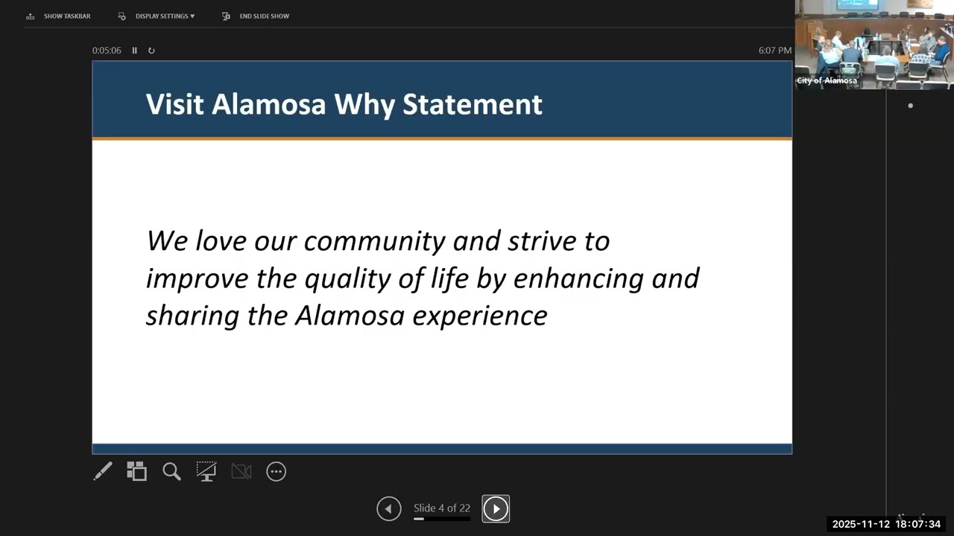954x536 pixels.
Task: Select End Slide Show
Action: (x=256, y=16)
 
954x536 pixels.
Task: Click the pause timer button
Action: (x=134, y=51)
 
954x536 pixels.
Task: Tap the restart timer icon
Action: (x=151, y=51)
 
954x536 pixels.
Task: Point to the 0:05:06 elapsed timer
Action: (x=107, y=51)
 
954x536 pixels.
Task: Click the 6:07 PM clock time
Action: (x=774, y=51)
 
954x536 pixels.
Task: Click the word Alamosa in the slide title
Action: (x=268, y=104)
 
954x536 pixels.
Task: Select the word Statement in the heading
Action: (x=472, y=104)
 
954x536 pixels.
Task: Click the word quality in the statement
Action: (x=344, y=279)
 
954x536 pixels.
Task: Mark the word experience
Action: (x=480, y=316)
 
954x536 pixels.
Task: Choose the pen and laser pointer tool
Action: (x=103, y=471)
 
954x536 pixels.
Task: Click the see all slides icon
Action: (x=136, y=471)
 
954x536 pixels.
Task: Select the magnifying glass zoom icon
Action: (x=171, y=471)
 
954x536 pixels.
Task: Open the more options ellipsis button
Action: (x=277, y=471)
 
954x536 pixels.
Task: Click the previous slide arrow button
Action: (x=388, y=508)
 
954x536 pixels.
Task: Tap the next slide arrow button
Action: (x=496, y=508)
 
